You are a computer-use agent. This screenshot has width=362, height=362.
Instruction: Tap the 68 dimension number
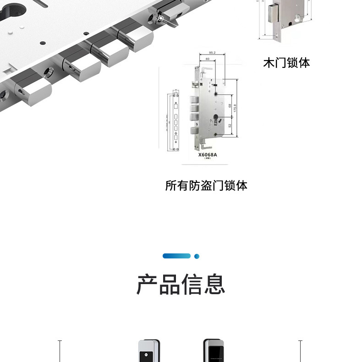230,106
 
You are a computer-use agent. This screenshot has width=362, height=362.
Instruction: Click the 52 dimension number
230,125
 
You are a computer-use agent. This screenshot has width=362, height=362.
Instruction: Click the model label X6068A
207,155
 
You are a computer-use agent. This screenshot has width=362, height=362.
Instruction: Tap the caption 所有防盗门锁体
206,186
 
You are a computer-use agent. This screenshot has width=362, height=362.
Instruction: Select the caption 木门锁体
286,63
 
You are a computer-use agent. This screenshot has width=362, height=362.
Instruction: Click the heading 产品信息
181,284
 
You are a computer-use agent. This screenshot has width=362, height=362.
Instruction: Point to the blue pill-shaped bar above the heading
176,256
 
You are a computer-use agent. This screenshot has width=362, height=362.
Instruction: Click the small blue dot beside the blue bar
197,256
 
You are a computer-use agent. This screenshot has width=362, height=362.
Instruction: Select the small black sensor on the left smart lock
147,355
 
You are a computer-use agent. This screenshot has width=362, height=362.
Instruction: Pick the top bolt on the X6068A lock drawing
193,99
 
